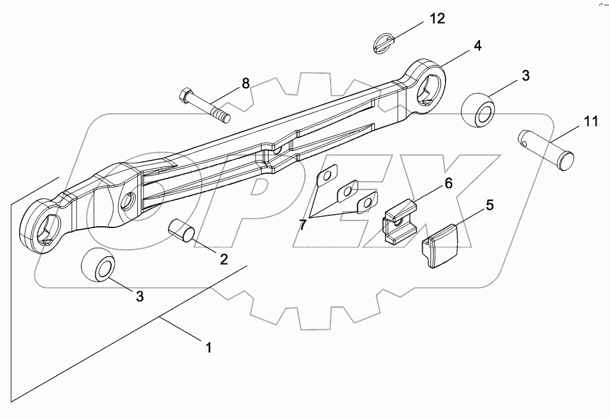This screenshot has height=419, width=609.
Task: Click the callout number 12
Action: click(x=438, y=19)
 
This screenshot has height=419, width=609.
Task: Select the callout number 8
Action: click(x=245, y=84)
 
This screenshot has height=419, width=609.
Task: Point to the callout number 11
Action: click(x=590, y=122)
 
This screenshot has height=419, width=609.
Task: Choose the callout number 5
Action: click(x=489, y=206)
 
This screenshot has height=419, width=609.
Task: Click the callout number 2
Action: click(x=224, y=259)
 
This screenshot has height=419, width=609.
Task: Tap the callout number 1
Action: click(x=209, y=347)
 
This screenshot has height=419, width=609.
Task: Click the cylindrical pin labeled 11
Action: click(x=545, y=150)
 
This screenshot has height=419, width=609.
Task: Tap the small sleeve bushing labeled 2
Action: click(x=180, y=231)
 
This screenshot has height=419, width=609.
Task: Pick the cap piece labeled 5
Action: click(x=440, y=245)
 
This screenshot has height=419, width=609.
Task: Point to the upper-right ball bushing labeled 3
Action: click(x=478, y=112)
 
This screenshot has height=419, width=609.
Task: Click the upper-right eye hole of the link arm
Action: click(x=429, y=87)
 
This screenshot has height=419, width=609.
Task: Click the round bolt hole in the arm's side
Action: click(x=127, y=203)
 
